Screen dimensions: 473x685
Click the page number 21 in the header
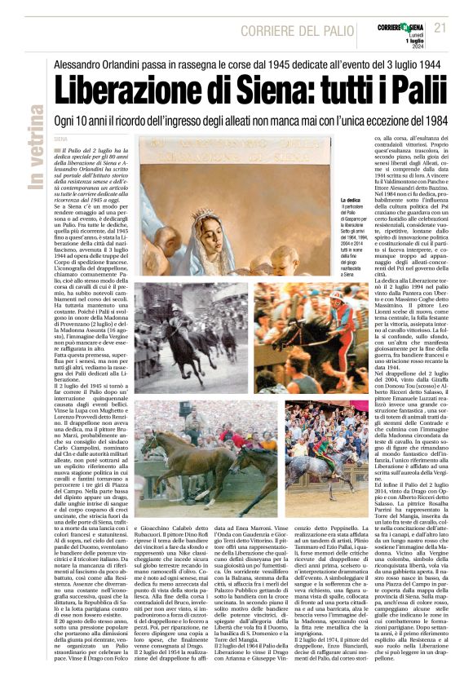pos(440,28)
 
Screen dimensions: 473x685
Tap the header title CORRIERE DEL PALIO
pos(293,30)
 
